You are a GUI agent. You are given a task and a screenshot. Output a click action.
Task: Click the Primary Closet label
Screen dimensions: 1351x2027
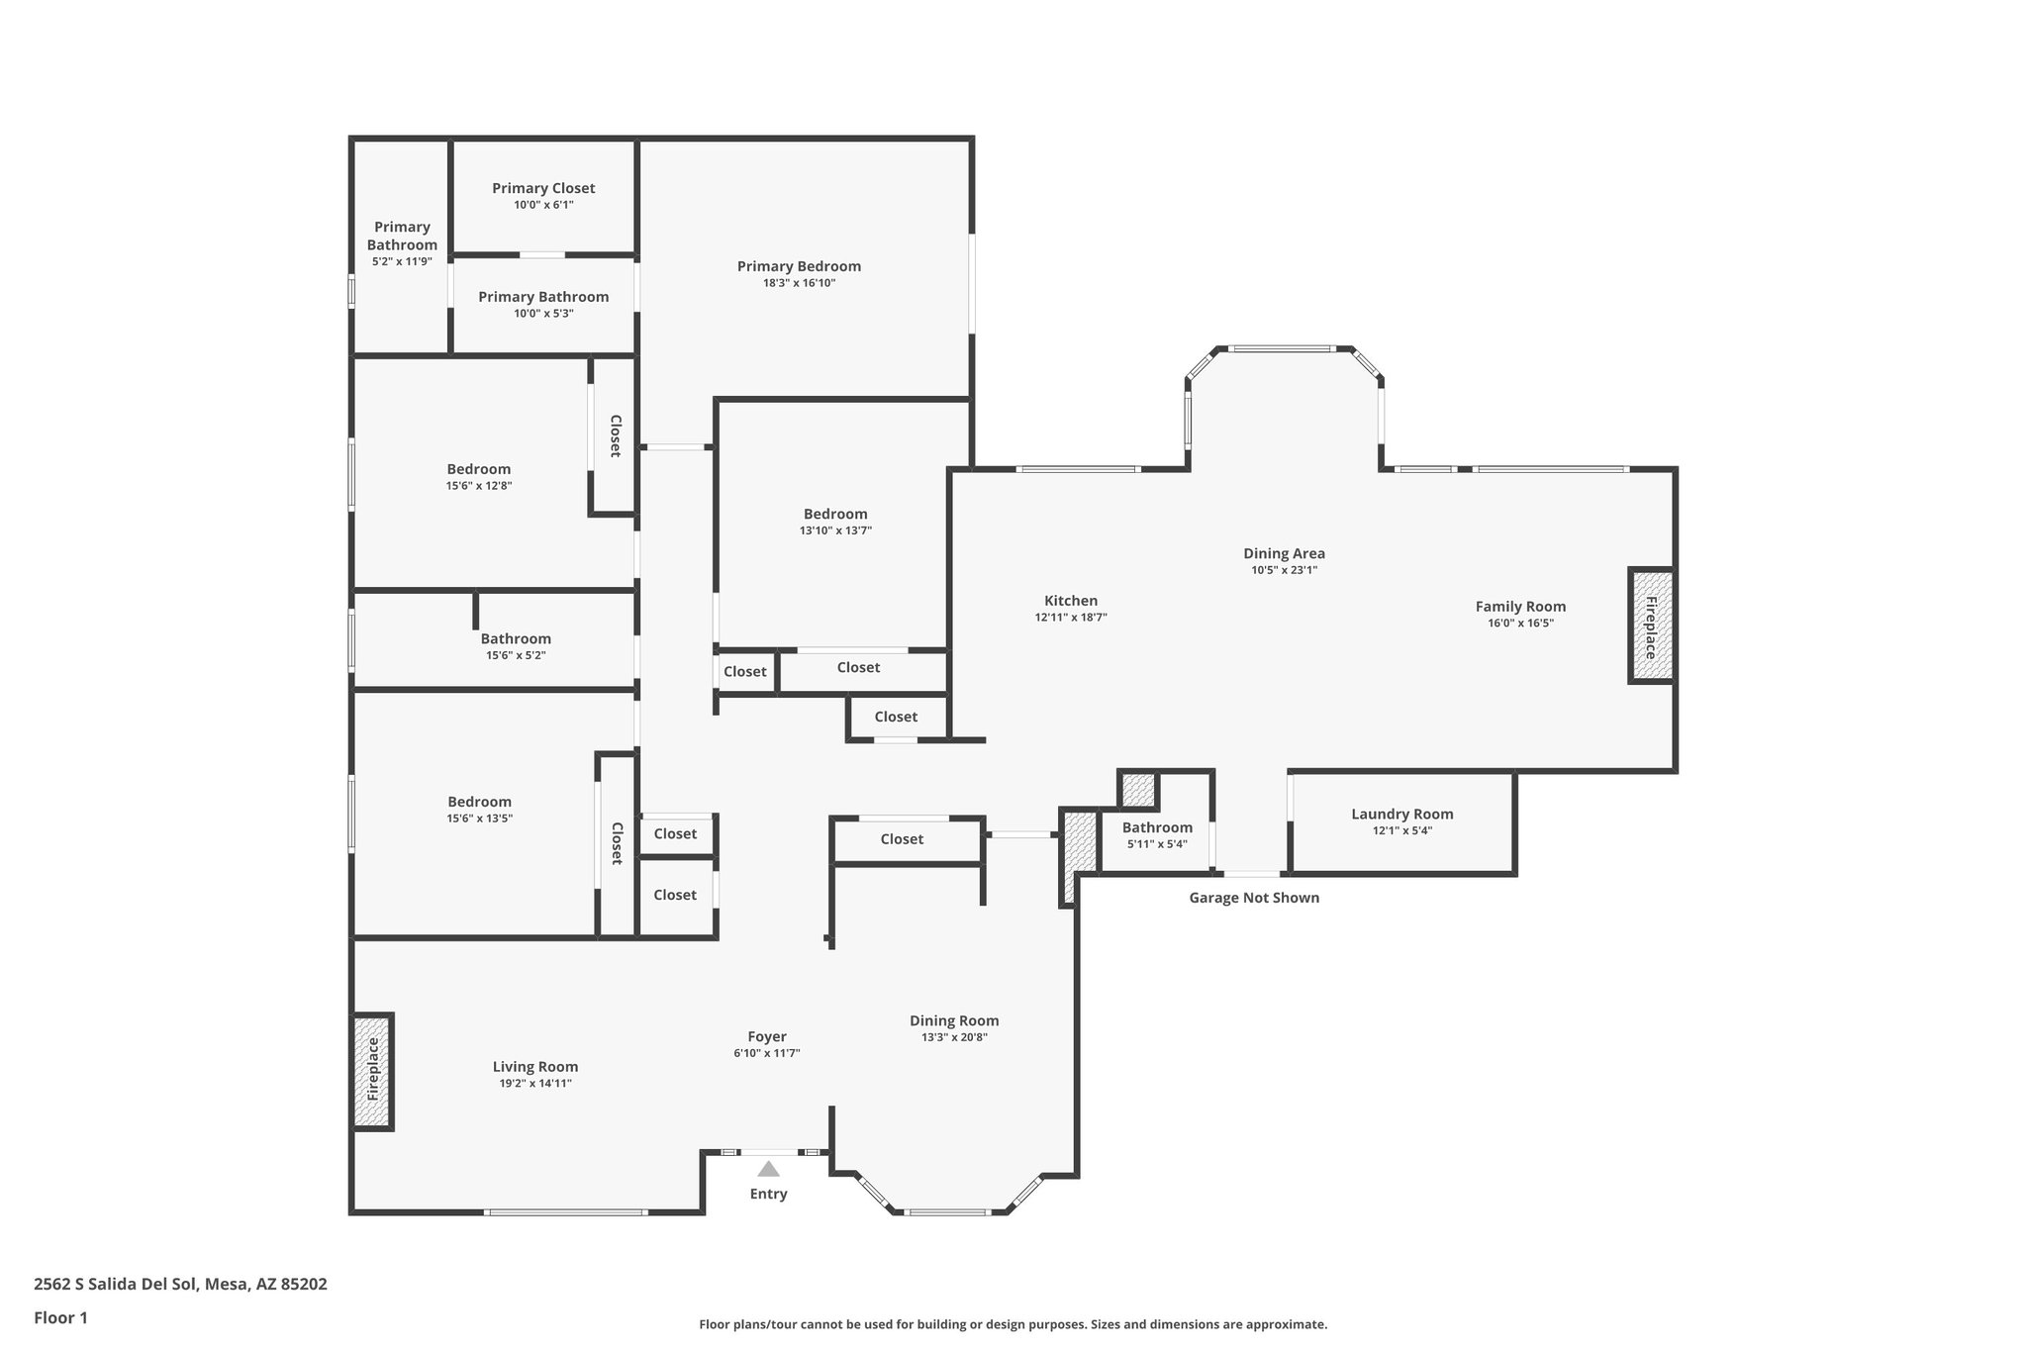543,188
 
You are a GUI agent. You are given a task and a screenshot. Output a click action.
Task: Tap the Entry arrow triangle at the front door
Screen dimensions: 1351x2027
768,1169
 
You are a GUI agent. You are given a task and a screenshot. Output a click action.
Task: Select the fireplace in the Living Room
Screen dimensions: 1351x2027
373,1071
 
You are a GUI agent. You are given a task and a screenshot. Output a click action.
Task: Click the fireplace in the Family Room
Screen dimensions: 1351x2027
1651,626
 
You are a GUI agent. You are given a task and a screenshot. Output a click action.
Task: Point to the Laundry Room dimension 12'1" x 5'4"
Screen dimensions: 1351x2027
1401,830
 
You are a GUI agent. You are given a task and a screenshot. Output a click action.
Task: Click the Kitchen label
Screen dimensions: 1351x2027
1071,601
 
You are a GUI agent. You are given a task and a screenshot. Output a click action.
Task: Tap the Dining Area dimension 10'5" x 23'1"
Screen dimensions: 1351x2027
1284,570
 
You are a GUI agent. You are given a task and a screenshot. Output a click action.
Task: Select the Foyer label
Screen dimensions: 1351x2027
767,1037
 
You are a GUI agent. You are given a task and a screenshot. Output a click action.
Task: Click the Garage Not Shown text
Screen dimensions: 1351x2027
1253,898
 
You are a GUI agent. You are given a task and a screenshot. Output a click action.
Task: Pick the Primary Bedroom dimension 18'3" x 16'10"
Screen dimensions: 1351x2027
799,283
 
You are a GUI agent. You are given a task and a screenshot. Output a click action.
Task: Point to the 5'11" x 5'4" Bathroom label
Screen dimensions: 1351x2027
1157,827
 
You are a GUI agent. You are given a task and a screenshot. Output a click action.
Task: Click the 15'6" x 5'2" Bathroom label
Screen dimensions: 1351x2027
516,639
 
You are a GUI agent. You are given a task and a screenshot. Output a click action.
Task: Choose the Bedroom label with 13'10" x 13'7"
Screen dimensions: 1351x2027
835,514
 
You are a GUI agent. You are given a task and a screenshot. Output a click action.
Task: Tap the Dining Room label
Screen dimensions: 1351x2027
954,1020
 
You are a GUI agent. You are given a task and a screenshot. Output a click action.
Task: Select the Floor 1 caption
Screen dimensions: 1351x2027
60,1317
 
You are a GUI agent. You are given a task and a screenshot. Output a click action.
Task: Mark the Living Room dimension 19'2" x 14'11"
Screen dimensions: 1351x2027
535,1083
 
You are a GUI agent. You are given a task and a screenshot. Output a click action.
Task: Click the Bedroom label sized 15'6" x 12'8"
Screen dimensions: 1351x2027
478,469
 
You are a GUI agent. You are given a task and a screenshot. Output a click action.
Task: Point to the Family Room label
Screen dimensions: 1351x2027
1520,607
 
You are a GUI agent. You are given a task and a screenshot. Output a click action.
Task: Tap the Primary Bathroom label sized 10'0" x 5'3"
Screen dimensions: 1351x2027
543,297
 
